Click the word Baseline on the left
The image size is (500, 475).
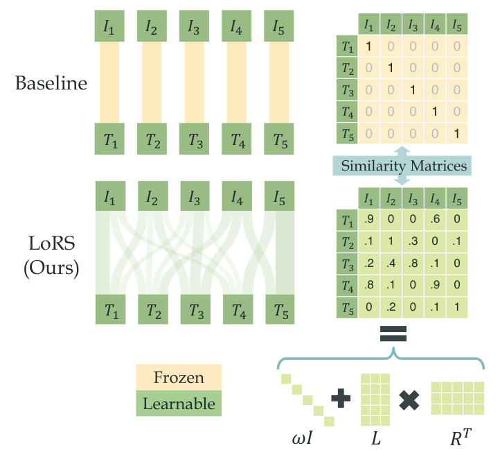click(51, 84)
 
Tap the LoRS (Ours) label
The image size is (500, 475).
click(51, 256)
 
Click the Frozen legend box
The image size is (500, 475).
click(179, 378)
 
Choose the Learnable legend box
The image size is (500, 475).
click(179, 403)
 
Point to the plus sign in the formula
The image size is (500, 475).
click(342, 398)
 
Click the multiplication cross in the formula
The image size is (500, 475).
click(409, 399)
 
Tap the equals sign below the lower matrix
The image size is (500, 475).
click(393, 336)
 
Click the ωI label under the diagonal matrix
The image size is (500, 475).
click(305, 440)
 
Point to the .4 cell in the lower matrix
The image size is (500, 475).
click(391, 264)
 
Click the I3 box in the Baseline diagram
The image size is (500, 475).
click(195, 26)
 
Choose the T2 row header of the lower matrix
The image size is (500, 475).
click(347, 243)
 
